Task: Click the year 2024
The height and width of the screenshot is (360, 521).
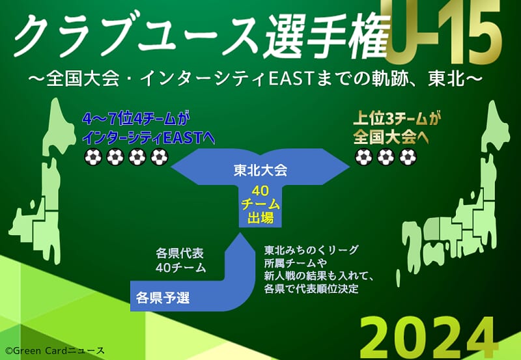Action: point(428,338)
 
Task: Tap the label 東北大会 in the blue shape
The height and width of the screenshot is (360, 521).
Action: point(260,171)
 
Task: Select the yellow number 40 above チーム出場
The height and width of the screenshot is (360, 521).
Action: point(260,191)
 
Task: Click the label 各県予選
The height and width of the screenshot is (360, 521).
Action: point(163,298)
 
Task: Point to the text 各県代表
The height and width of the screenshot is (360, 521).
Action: point(180,253)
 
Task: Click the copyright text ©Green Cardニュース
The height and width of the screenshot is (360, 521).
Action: point(55,351)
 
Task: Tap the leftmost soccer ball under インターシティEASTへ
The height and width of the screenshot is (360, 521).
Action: point(93,157)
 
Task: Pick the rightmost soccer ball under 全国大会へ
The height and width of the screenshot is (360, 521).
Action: point(408,157)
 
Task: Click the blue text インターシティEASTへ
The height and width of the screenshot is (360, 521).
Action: point(148,138)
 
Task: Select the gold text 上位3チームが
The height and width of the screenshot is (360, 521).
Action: point(397,118)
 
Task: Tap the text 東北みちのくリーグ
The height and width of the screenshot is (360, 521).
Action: point(311,250)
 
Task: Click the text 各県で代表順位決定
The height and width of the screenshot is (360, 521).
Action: point(311,288)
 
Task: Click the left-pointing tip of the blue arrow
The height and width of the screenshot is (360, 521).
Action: point(171,167)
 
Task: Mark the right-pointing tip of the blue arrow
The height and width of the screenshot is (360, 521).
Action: point(350,167)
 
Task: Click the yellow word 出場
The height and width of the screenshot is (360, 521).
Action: point(260,218)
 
